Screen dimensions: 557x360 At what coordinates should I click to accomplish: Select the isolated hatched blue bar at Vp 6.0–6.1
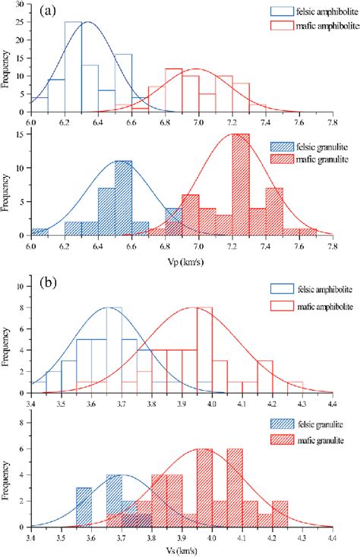[39, 232]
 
